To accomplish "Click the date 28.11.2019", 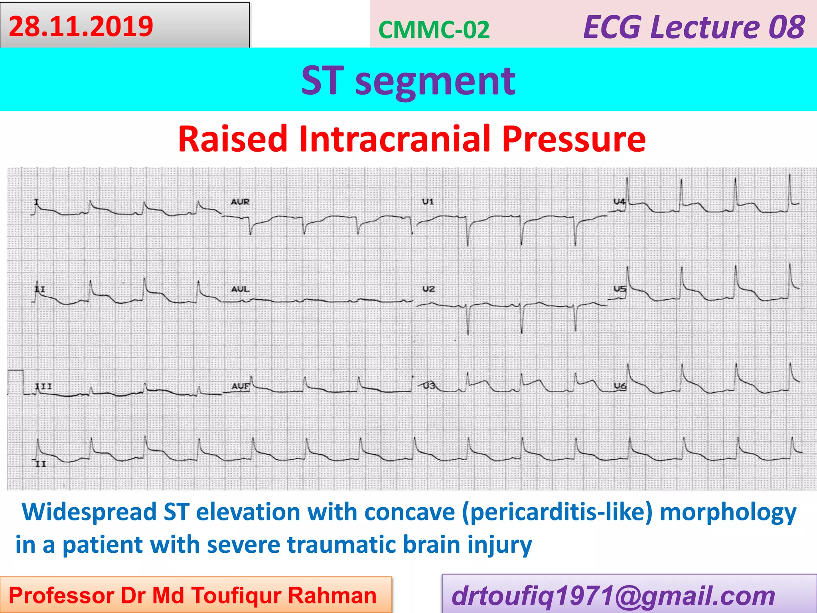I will point(81,26).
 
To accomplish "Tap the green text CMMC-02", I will point(434,30).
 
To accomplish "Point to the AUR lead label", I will point(240,202).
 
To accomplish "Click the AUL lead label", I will point(240,289).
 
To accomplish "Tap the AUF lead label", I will point(240,386).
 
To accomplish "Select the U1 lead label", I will point(428,202).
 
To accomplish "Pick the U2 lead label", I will point(428,289).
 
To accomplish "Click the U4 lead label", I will point(619,202).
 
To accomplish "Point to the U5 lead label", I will point(620,289).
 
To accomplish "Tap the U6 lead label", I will point(620,386).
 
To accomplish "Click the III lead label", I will point(43,386).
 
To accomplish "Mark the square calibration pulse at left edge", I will point(16,382).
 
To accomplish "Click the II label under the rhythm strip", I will point(41,464).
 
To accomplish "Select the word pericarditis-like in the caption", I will point(557,512).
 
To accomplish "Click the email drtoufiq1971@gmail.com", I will point(613,596).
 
